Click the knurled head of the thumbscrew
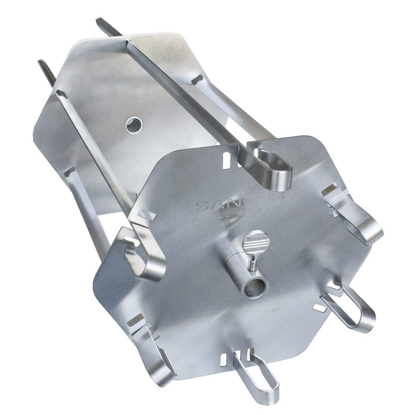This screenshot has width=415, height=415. point(254,238)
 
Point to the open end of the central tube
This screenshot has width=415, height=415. point(254,286)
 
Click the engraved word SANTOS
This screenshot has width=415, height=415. point(239,203)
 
